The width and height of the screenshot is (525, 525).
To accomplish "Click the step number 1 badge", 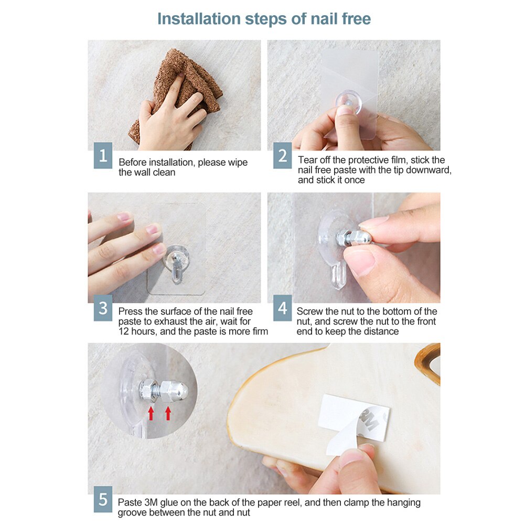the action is point(103,155).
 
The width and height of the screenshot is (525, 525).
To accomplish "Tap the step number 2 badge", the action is point(282,155).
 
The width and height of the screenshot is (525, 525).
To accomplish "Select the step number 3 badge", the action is point(103,308).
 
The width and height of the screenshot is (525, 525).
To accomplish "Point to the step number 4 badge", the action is point(282,308).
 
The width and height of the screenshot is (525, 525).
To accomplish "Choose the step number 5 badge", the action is point(103,499).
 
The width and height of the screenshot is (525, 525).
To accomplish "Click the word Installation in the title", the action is point(199,19).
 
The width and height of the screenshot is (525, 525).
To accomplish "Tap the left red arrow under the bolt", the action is point(151,413).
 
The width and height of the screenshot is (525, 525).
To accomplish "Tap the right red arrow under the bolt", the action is point(168,413).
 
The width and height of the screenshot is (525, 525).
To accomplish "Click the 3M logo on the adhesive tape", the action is point(369,421).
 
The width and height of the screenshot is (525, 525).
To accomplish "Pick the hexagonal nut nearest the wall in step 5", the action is point(147,390).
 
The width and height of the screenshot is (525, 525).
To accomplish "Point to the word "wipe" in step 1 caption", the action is point(238,163).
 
